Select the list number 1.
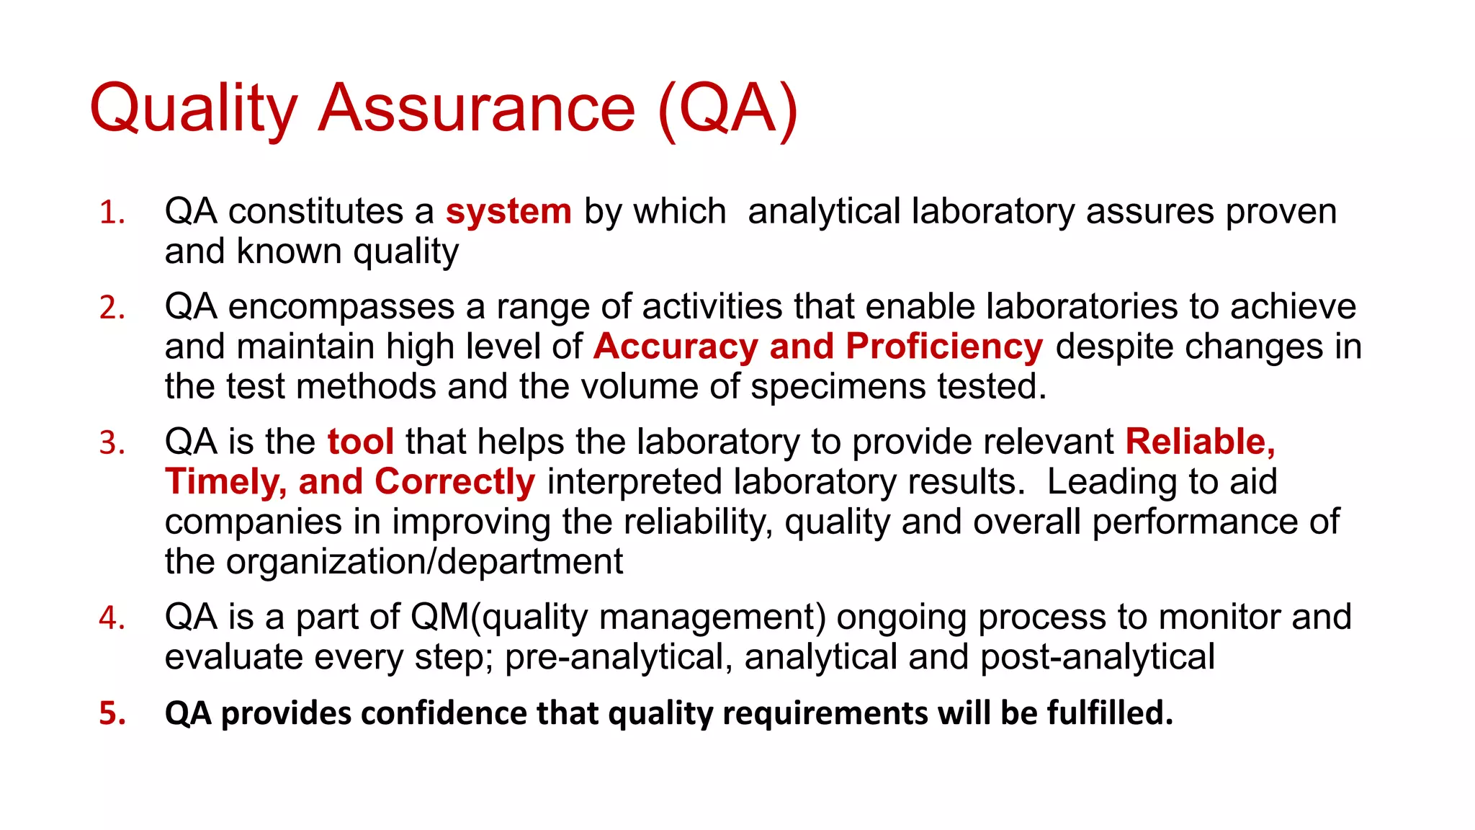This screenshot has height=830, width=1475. click(x=112, y=213)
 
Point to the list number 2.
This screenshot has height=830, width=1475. click(x=112, y=308)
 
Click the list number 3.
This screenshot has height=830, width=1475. click(x=112, y=443)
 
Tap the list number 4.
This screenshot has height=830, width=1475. click(x=112, y=619)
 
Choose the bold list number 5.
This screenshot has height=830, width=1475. click(x=112, y=713)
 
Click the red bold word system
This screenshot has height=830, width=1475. click(x=508, y=212)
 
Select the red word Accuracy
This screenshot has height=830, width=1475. click(x=676, y=347)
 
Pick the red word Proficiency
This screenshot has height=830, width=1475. click(x=944, y=347)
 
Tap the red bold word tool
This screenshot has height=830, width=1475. click(x=360, y=442)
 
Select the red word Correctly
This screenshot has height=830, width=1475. click(x=454, y=482)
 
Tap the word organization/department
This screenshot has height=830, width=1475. click(x=424, y=562)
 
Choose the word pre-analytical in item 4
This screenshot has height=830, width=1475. click(x=619, y=658)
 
